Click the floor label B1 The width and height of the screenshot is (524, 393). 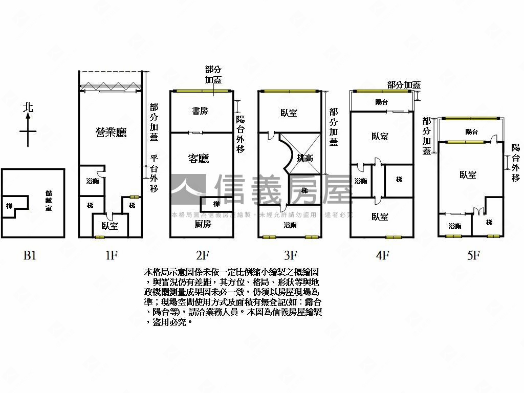click(30, 255)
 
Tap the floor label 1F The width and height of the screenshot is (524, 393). click(112, 255)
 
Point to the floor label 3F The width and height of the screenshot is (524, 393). click(290, 255)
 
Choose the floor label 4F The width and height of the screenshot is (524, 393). click(382, 255)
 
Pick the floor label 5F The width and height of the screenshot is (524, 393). click(473, 255)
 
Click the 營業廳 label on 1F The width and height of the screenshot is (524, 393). click(111, 133)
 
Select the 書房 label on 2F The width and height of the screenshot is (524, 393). click(200, 111)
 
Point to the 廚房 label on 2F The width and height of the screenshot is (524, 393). click(203, 224)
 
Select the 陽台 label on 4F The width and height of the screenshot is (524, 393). click(382, 102)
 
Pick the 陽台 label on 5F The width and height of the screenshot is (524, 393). click(471, 132)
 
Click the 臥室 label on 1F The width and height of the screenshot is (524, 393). click(110, 226)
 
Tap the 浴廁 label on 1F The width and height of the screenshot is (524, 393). click(92, 181)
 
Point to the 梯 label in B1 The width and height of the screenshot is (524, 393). click(9, 206)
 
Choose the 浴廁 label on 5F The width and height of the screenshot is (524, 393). click(455, 226)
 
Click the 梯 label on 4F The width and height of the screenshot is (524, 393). click(399, 180)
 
